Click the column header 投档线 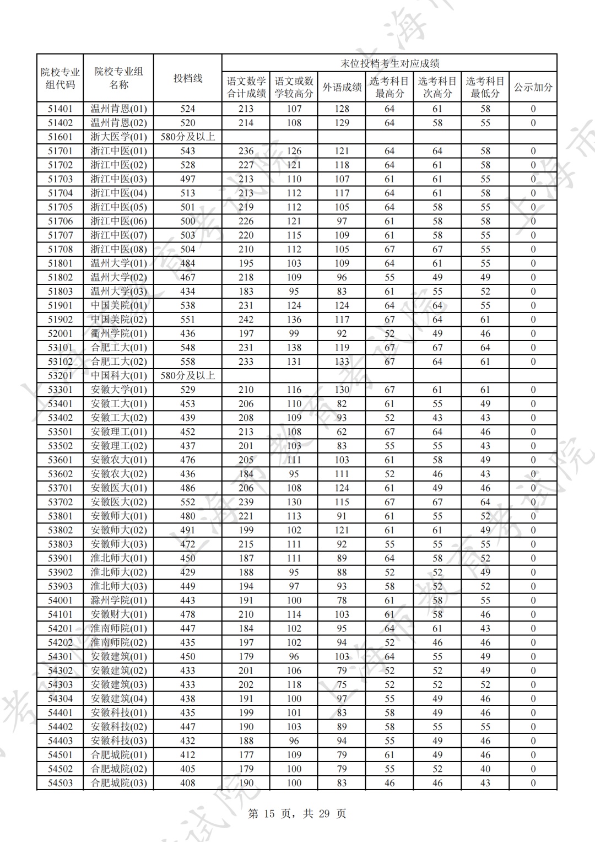(x=188, y=78)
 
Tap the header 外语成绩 (x=342, y=87)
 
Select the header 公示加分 (x=533, y=87)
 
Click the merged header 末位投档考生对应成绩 (x=389, y=63)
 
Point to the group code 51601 (x=60, y=137)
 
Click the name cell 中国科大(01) (x=118, y=376)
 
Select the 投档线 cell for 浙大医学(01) (x=188, y=137)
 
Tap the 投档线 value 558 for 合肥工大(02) (x=188, y=361)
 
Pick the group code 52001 (x=60, y=333)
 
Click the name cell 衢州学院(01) (x=118, y=333)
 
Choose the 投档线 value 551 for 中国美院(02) (x=188, y=320)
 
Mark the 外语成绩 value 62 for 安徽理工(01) (x=342, y=432)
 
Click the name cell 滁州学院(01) (x=118, y=601)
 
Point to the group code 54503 (x=60, y=783)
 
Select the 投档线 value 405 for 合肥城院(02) (x=188, y=769)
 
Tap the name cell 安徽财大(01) (x=118, y=614)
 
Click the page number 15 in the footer (x=269, y=814)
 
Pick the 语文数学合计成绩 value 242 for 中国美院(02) (x=246, y=320)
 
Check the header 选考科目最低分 (x=485, y=87)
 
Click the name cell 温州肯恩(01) (x=118, y=109)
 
